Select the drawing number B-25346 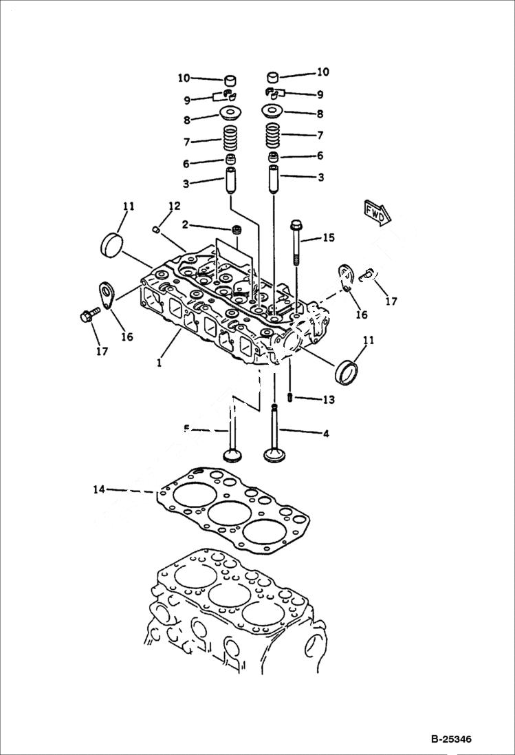(x=452, y=740)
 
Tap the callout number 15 (x=328, y=238)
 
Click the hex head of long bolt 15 (x=296, y=225)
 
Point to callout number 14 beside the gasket (x=100, y=489)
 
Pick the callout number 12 (x=174, y=206)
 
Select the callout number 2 (x=185, y=224)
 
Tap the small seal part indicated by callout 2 (x=238, y=228)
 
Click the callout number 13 (x=328, y=400)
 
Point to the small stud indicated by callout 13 (x=291, y=397)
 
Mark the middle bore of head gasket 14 (x=228, y=513)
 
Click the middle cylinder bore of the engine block (x=228, y=594)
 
